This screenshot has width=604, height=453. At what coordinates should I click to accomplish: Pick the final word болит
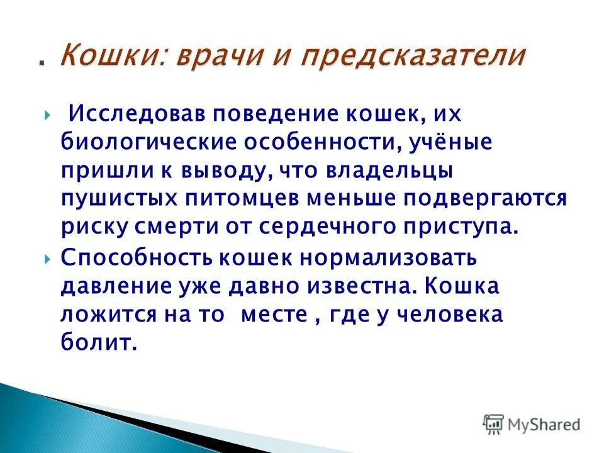coord(98,342)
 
